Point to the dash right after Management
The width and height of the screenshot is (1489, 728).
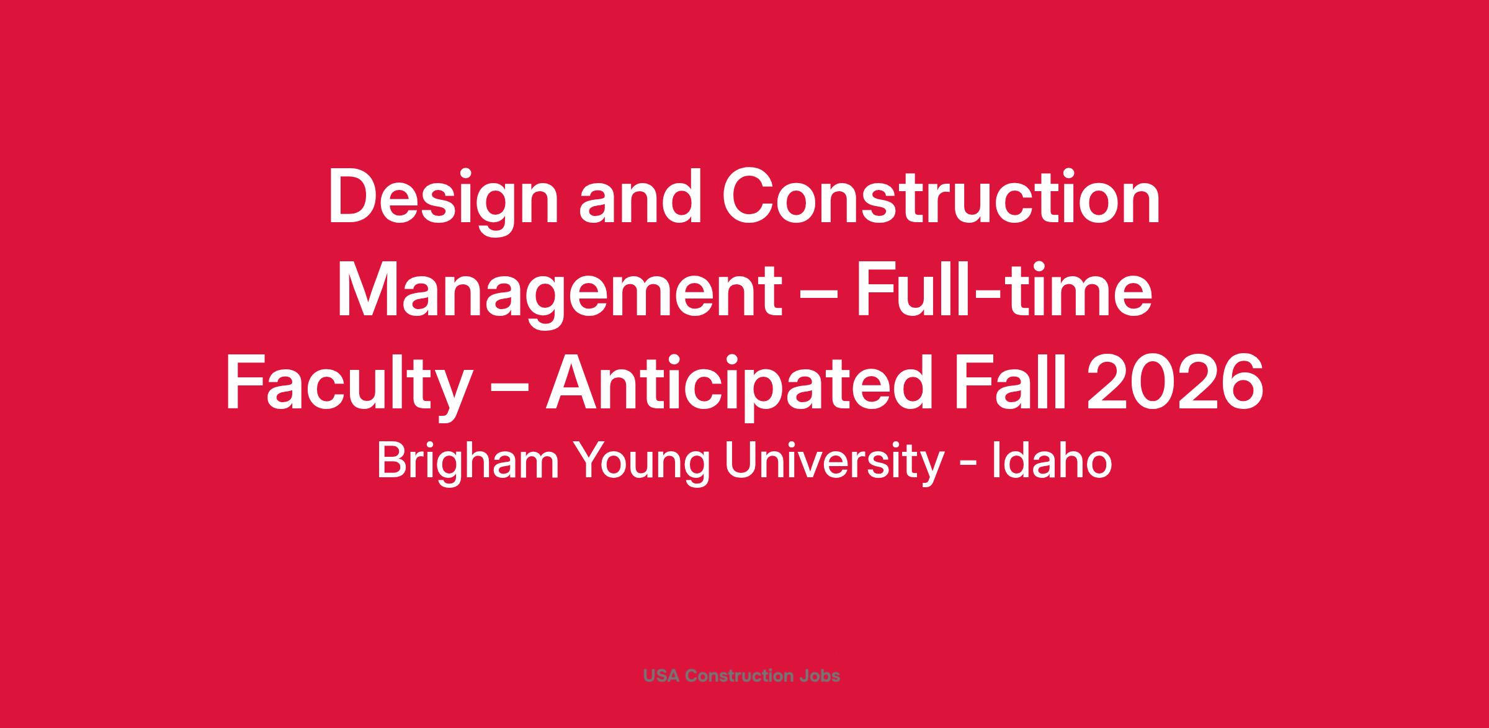[x=820, y=297]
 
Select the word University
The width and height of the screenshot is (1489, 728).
[x=834, y=463]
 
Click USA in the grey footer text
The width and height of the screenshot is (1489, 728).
[x=661, y=675]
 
